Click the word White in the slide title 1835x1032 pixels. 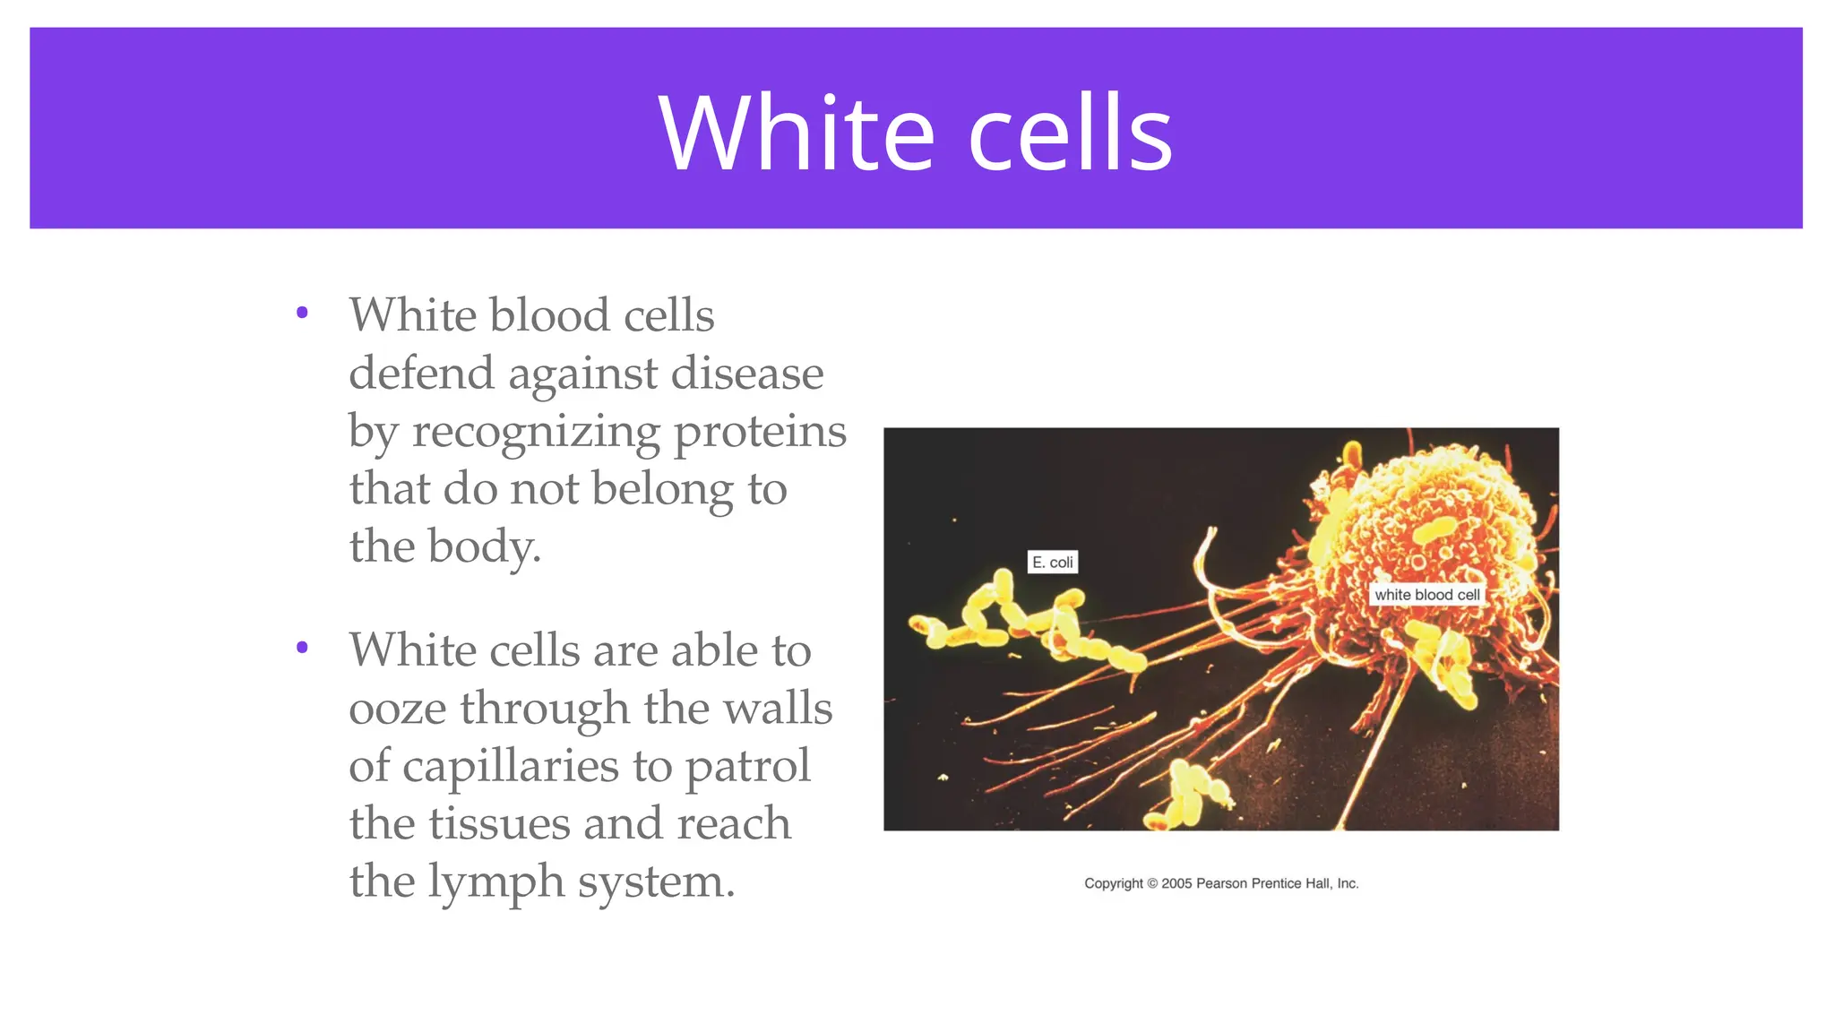pyautogui.click(x=797, y=133)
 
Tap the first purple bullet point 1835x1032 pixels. pyautogui.click(x=302, y=313)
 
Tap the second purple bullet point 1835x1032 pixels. pyautogui.click(x=302, y=647)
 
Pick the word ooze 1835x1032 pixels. pyautogui.click(x=397, y=709)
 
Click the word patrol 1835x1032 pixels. pyautogui.click(x=747, y=768)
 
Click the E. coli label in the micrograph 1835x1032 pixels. pyautogui.click(x=1052, y=563)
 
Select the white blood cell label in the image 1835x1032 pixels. pyautogui.click(x=1426, y=595)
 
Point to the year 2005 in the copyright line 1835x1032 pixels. pyautogui.click(x=1176, y=883)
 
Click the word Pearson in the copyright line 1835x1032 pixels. pyautogui.click(x=1221, y=883)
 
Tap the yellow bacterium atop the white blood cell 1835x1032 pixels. pyautogui.click(x=1434, y=529)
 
